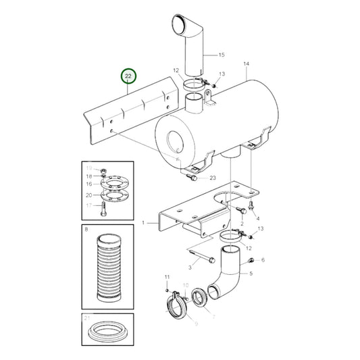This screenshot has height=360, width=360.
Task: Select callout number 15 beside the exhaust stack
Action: (x=222, y=54)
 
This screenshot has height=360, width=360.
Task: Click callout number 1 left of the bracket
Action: (x=143, y=222)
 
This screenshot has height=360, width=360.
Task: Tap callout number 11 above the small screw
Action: (x=167, y=278)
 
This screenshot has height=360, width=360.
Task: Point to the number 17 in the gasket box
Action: (x=88, y=206)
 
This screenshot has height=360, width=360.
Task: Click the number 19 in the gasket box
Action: (x=88, y=168)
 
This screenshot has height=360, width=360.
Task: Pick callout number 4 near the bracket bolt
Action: (x=258, y=219)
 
